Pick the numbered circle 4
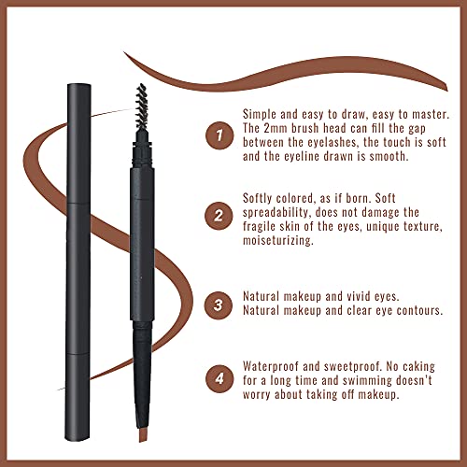click(x=218, y=379)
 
